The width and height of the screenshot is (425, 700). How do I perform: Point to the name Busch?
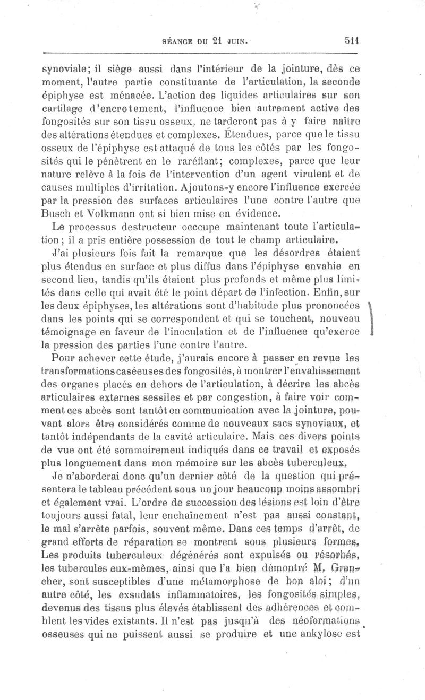tap(56, 214)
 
